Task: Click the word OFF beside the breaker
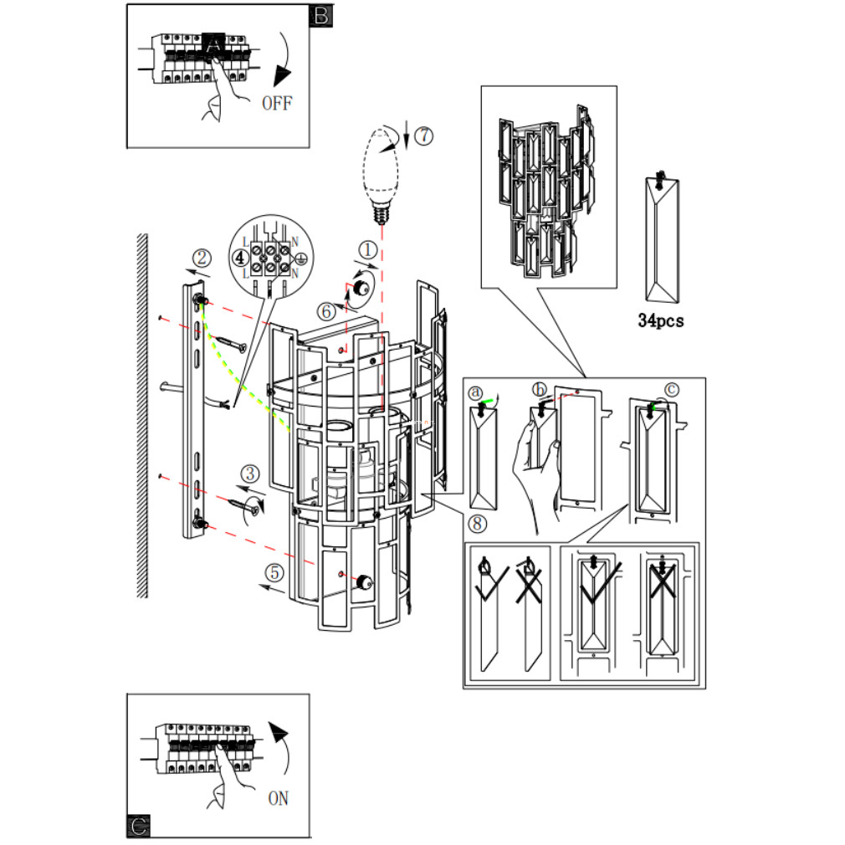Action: click(277, 103)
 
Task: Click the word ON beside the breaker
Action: click(278, 798)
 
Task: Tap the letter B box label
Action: click(321, 16)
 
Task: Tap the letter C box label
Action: click(139, 826)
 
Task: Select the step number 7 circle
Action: click(424, 136)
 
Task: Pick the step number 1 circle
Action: click(368, 250)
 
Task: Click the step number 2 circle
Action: click(202, 259)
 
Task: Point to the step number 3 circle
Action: click(249, 474)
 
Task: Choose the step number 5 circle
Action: click(275, 572)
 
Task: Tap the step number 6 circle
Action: click(326, 311)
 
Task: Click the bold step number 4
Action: click(240, 258)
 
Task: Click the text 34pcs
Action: click(661, 320)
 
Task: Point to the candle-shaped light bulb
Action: click(381, 173)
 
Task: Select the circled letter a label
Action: click(475, 393)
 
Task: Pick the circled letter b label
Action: click(539, 389)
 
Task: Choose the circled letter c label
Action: click(672, 390)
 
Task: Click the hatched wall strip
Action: click(142, 416)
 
